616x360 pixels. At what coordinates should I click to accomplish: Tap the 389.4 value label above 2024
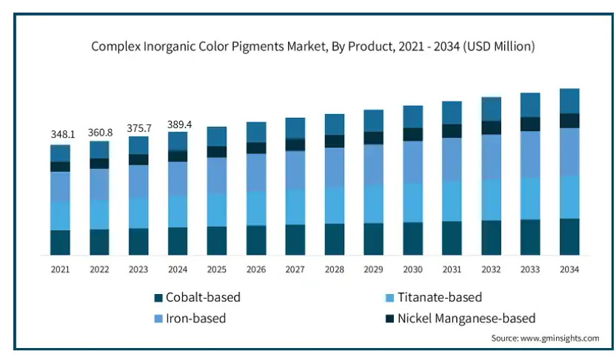click(178, 124)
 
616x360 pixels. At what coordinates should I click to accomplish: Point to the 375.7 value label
click(138, 127)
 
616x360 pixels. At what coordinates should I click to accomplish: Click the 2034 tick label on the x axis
click(569, 270)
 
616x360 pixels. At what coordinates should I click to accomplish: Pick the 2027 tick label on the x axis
click(295, 270)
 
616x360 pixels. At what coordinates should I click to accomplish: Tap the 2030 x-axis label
click(412, 270)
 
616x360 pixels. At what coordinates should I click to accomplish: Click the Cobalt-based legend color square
click(158, 298)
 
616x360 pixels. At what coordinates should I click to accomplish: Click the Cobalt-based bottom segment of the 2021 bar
click(60, 242)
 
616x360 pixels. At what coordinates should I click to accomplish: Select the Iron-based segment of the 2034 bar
click(569, 152)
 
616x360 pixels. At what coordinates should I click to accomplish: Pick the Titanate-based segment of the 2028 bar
click(335, 205)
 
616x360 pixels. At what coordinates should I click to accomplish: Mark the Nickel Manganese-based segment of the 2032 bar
click(491, 127)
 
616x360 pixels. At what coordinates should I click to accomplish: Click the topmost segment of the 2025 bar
click(217, 136)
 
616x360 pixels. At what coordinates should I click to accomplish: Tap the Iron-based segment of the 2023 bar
click(138, 181)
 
